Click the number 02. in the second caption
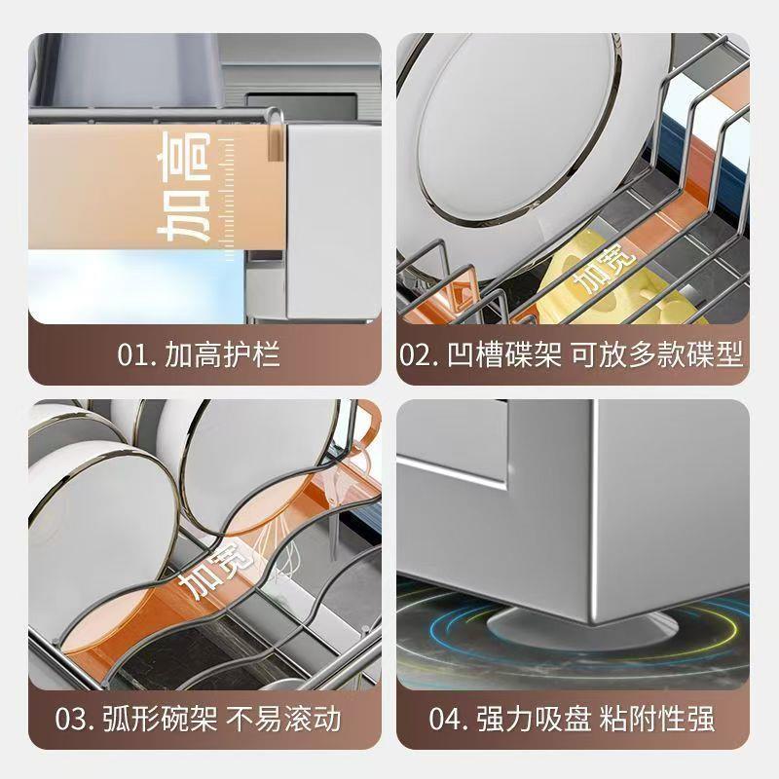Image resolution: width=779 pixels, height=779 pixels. tap(420, 354)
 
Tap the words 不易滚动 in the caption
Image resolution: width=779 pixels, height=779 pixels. tap(283, 720)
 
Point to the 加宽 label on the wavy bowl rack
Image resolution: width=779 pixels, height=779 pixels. tap(207, 574)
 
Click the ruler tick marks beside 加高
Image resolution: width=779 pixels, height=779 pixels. tap(229, 190)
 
